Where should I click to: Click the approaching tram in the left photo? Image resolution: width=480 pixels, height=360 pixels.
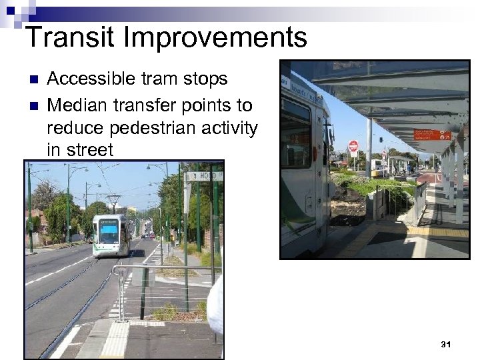click(x=110, y=235)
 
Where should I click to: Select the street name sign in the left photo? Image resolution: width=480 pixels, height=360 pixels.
click(x=203, y=176)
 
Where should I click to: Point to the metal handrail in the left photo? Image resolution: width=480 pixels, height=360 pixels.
click(x=160, y=270)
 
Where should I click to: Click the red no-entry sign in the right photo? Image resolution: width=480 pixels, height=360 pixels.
click(x=353, y=146)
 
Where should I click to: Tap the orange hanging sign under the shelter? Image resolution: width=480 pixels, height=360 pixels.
click(x=431, y=135)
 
